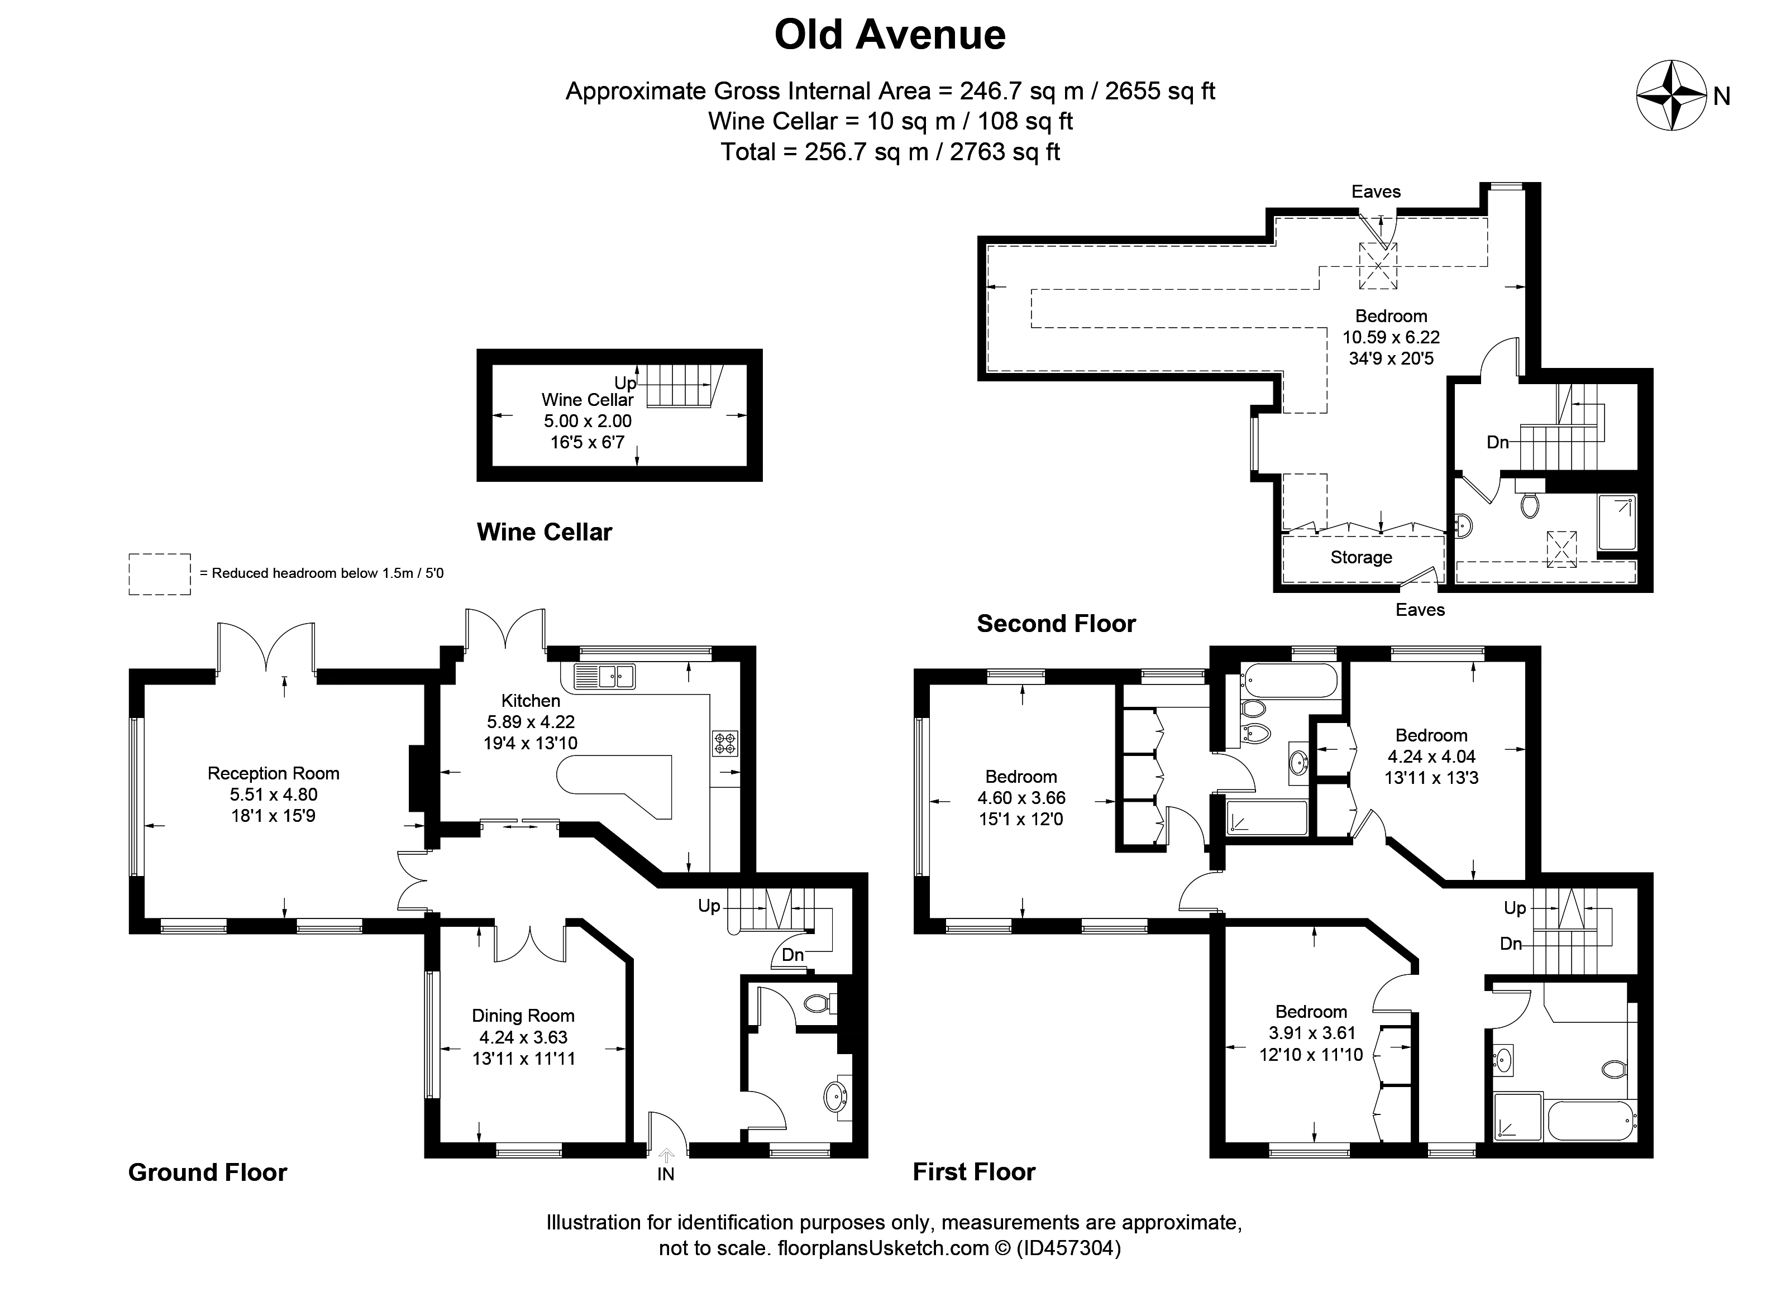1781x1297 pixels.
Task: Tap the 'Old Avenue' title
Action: pyautogui.click(x=890, y=35)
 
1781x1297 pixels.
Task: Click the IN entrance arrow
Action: pyautogui.click(x=666, y=1155)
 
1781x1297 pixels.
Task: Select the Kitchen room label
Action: pyautogui.click(x=531, y=700)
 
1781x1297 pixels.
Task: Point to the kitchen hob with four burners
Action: pyautogui.click(x=724, y=743)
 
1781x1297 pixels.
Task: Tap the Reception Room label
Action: pyautogui.click(x=273, y=773)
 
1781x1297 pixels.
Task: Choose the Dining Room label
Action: pyautogui.click(x=523, y=1016)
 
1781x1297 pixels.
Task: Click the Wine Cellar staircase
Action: pyautogui.click(x=683, y=385)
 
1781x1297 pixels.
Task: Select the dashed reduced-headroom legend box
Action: pyautogui.click(x=159, y=574)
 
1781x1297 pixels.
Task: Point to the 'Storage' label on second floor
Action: pyautogui.click(x=1361, y=557)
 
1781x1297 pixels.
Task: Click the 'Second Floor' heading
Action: pyautogui.click(x=1056, y=624)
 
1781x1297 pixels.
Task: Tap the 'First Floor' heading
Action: pyautogui.click(x=974, y=1172)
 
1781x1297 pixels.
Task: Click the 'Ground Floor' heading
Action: pyautogui.click(x=207, y=1172)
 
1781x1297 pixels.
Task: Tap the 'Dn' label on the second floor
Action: pyautogui.click(x=1497, y=442)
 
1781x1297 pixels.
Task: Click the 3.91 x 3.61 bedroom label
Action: pyautogui.click(x=1311, y=1033)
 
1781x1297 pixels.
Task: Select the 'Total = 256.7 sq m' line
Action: pyautogui.click(x=890, y=151)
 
